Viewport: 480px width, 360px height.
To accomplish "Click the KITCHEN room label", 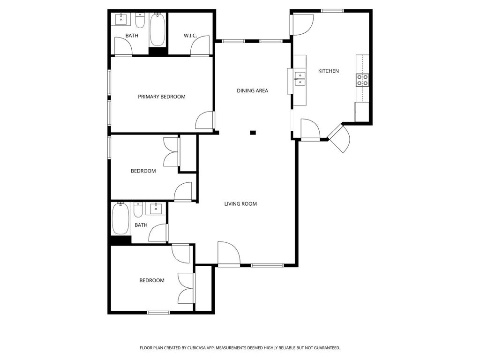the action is [329, 71].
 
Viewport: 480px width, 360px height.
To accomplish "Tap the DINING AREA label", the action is [253, 90].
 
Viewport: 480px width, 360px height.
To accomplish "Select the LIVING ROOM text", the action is [240, 204].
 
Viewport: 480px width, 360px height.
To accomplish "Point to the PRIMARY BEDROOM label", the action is [162, 97].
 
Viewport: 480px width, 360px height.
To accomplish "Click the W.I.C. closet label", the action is [190, 36].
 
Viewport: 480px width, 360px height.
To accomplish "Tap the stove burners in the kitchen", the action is [362, 80].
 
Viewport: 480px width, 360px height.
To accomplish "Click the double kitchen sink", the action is [300, 79].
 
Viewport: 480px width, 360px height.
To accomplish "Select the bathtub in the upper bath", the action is [157, 30].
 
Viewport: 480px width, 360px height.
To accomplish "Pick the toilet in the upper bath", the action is [140, 20].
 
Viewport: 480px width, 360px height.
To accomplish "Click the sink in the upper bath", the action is [121, 19].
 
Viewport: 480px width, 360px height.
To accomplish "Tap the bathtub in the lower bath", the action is [120, 218].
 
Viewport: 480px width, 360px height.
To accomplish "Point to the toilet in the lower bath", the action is [138, 210].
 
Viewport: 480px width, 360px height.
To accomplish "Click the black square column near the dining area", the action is [253, 133].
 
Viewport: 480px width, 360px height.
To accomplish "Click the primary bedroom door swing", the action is [204, 120].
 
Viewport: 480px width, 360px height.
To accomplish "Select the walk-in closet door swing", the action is [200, 46].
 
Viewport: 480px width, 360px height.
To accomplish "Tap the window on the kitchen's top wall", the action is [332, 11].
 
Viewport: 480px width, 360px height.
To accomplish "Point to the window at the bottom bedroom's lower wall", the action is [158, 313].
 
